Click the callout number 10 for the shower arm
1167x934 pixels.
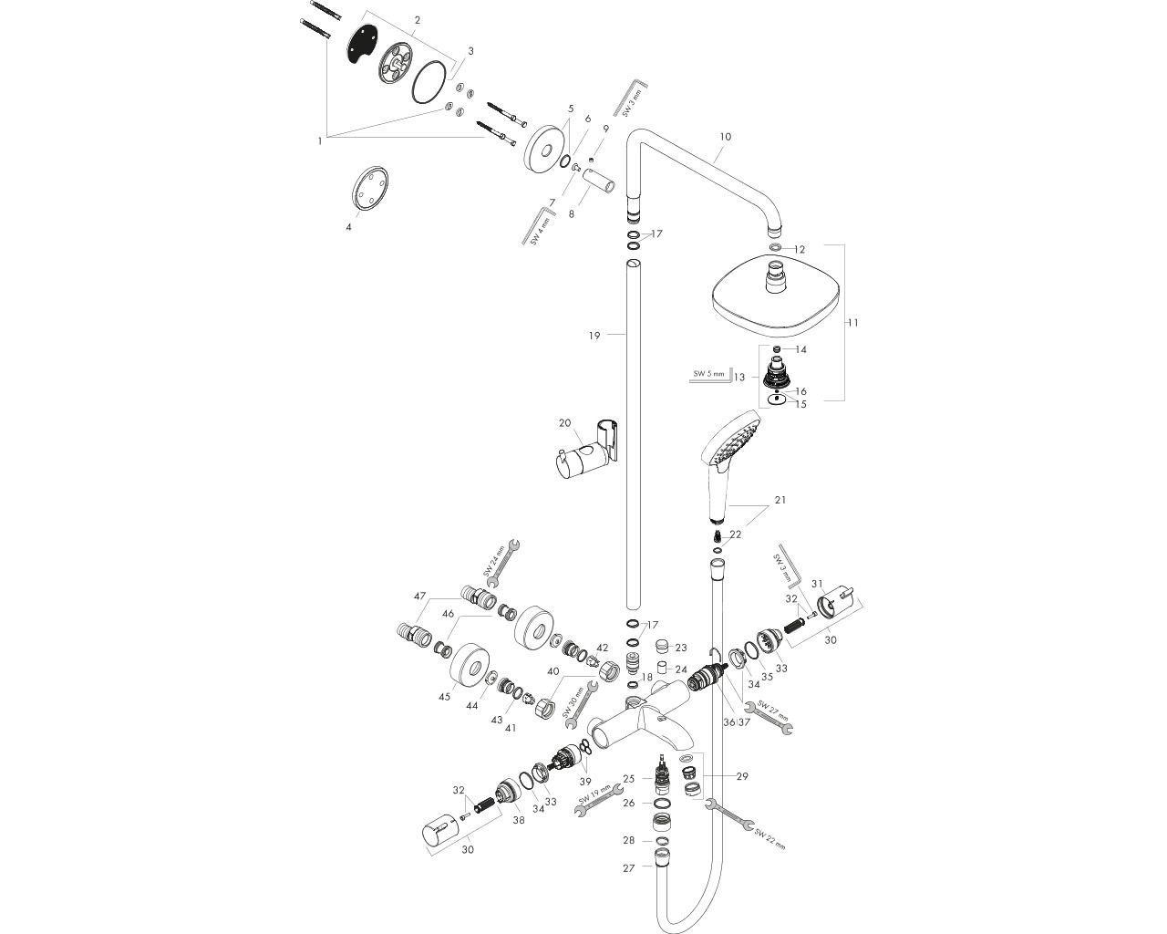725,136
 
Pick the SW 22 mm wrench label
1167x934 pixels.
768,838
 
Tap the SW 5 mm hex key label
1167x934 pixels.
707,374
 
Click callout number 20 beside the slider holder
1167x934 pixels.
564,422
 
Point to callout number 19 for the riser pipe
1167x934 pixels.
594,336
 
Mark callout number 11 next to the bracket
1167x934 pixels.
853,322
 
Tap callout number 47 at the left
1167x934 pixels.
419,597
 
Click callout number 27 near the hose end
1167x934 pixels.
628,868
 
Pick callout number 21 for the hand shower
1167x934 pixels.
780,500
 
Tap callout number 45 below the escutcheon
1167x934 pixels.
444,697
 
